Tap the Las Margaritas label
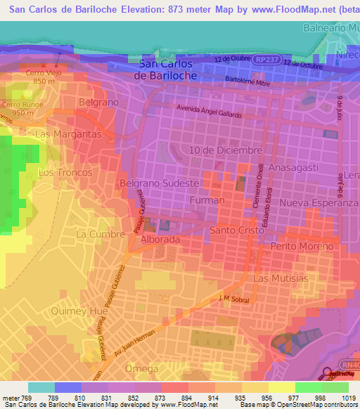tap(69, 134)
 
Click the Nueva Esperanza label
tap(319, 202)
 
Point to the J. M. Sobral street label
tap(234, 299)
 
